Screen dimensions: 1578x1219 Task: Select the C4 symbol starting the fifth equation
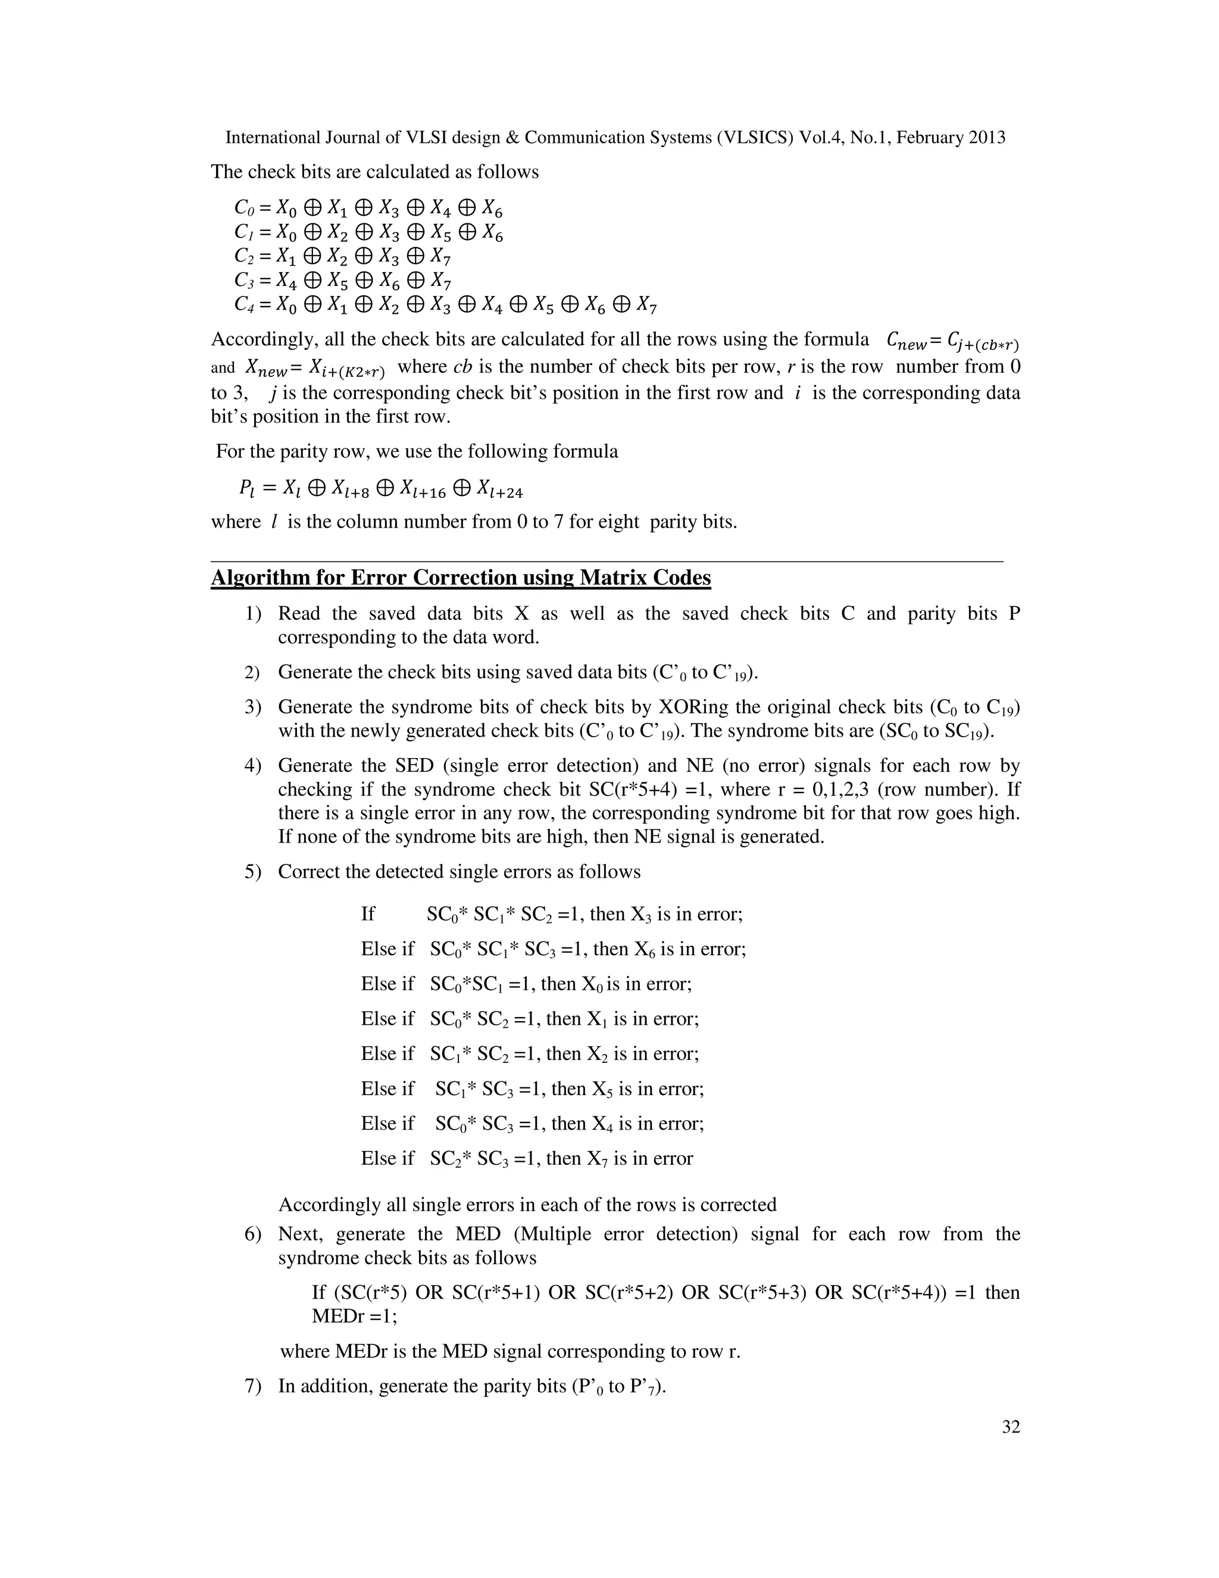pyautogui.click(x=243, y=305)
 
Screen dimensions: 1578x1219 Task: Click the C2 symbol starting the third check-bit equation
pyautogui.click(x=243, y=257)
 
